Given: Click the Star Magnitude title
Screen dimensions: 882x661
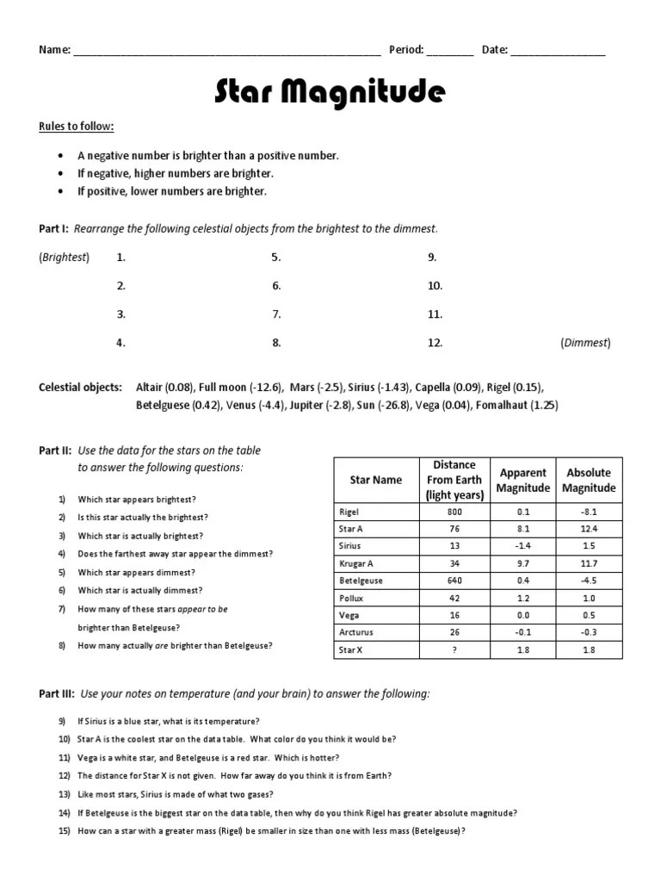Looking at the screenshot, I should tap(330, 90).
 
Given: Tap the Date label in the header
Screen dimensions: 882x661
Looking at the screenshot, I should tap(494, 50).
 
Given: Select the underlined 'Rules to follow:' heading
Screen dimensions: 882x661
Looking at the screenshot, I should tap(76, 127).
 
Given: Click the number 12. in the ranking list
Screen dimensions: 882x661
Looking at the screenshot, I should tap(435, 343).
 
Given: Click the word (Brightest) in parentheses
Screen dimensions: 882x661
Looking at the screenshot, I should tap(64, 257).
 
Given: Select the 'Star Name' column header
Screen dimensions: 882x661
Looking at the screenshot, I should tap(375, 480).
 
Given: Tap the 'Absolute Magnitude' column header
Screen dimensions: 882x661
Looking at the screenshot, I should tap(589, 480).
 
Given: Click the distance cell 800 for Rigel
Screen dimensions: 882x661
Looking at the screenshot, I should tap(454, 512).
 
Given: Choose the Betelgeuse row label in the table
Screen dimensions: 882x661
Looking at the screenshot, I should tap(361, 581).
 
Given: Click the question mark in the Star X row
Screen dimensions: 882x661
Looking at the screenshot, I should tap(454, 649).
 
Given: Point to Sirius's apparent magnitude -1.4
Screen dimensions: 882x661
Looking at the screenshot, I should tap(523, 546).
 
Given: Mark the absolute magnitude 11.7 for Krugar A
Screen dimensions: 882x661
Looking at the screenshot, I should tap(589, 563).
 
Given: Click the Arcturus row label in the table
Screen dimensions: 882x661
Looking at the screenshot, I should tap(357, 632).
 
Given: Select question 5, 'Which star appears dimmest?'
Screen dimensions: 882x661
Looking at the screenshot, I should tap(136, 572).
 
